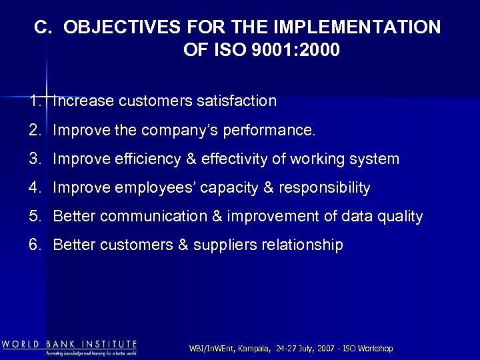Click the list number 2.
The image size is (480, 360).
35,129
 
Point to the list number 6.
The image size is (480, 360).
35,245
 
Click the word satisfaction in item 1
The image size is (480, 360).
236,101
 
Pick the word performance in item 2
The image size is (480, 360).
273,131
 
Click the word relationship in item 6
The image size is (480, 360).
301,245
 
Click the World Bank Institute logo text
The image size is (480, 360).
69,345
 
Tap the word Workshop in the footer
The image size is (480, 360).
376,349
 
